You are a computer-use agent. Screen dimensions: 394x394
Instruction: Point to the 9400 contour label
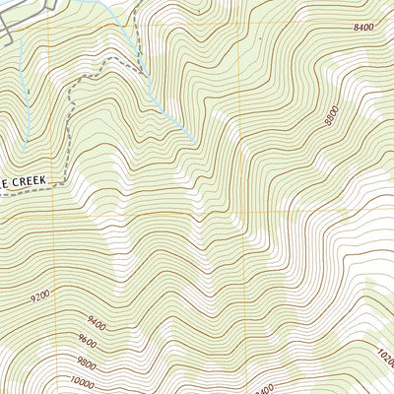click(96, 321)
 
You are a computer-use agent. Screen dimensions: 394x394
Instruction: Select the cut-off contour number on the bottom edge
click(263, 389)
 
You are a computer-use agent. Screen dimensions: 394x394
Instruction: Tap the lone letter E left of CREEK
click(4, 182)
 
